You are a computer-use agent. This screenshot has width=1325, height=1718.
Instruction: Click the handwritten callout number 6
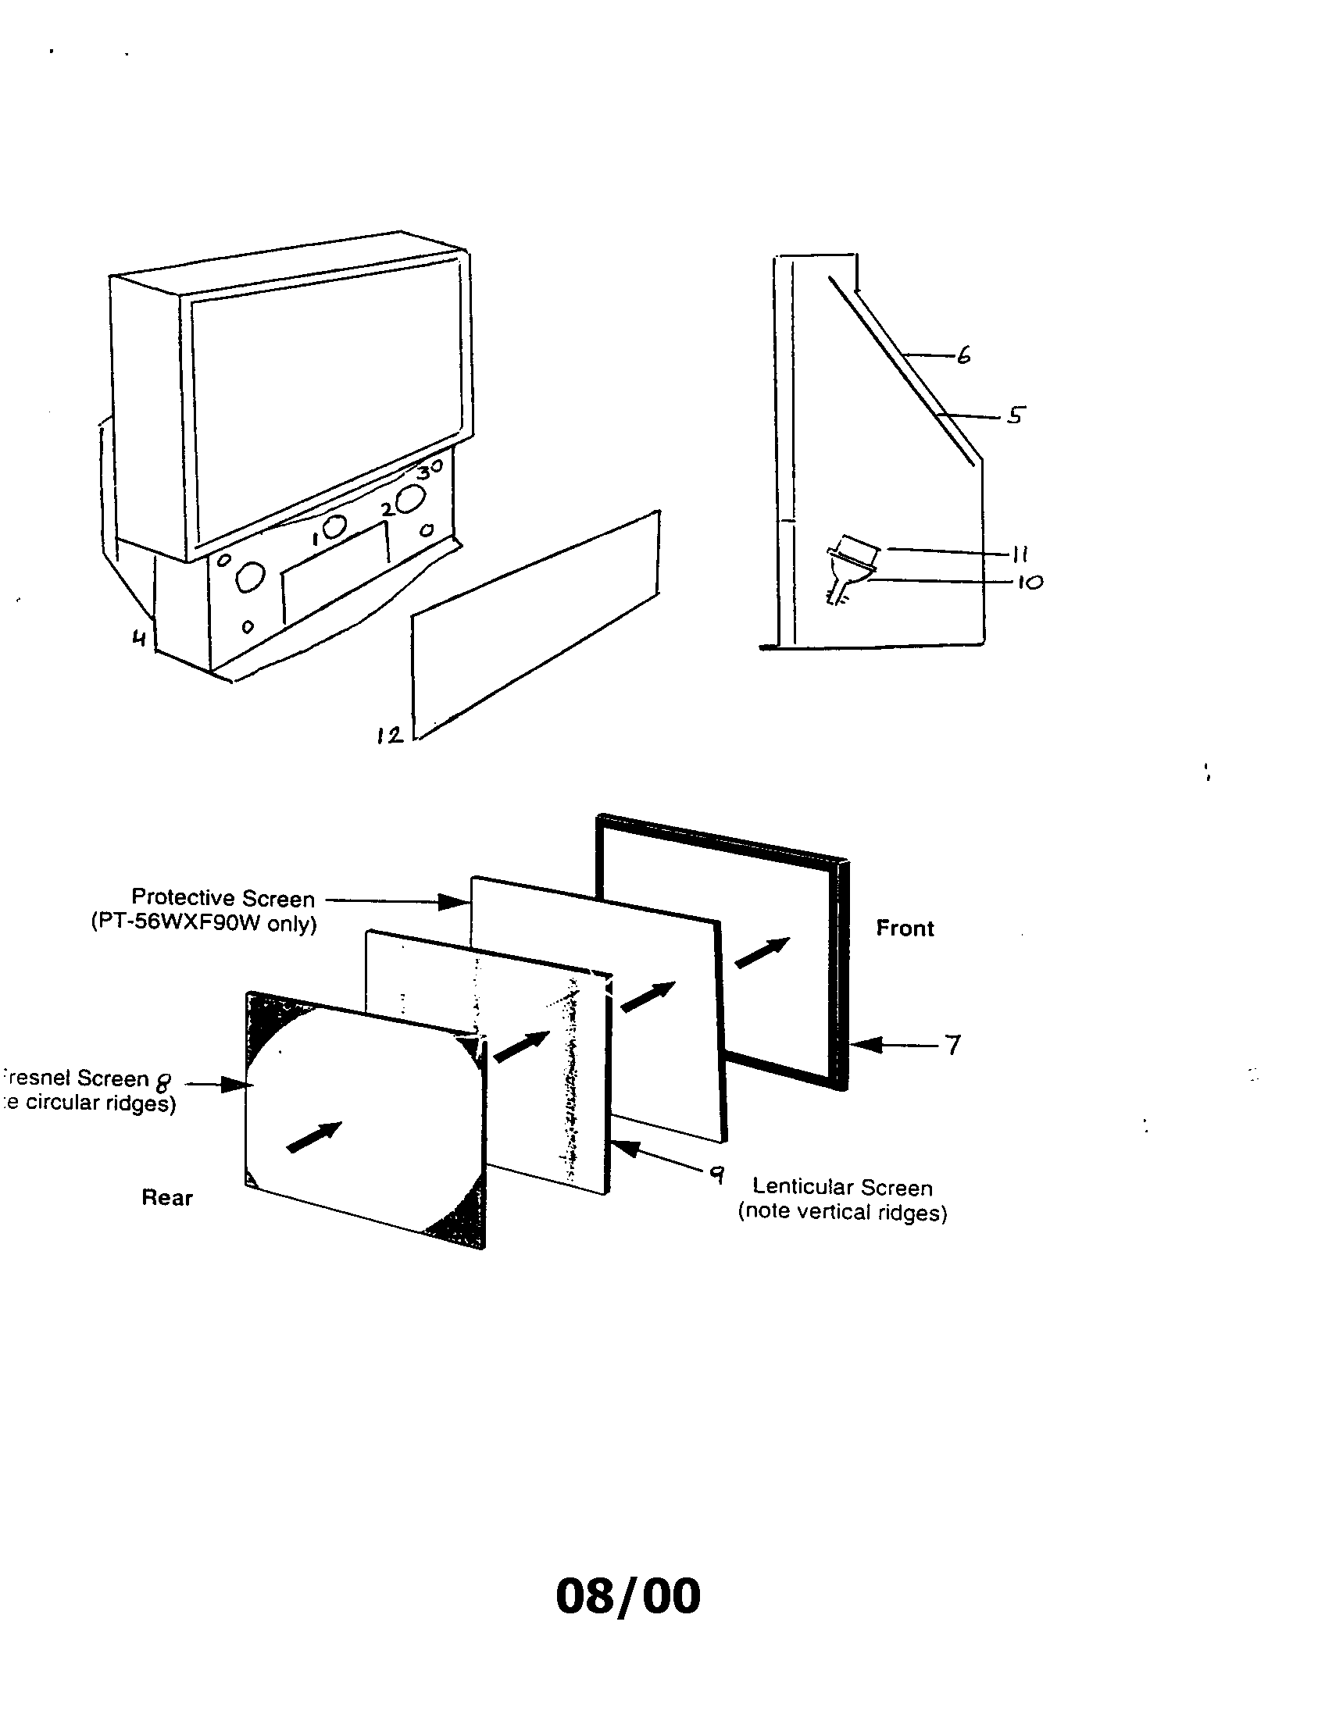pyautogui.click(x=964, y=355)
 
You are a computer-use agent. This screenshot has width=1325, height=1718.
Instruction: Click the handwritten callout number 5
pyautogui.click(x=1015, y=415)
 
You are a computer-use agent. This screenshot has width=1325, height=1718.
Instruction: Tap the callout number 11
pyautogui.click(x=1020, y=554)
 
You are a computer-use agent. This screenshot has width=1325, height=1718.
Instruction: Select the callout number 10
pyautogui.click(x=1029, y=582)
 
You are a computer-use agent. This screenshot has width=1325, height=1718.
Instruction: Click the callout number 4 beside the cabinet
pyautogui.click(x=139, y=637)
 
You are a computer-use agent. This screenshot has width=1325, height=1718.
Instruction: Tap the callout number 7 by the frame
pyautogui.click(x=953, y=1045)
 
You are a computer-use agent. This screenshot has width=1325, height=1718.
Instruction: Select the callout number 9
pyautogui.click(x=716, y=1174)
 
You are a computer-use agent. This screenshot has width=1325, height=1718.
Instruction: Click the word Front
pyautogui.click(x=905, y=929)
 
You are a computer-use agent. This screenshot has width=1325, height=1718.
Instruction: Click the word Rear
pyautogui.click(x=167, y=1197)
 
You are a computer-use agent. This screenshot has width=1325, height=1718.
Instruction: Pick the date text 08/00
pyautogui.click(x=628, y=1595)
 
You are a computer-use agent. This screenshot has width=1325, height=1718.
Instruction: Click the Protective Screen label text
pyautogui.click(x=223, y=897)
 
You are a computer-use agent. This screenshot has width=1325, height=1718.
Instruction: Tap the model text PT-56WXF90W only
pyautogui.click(x=204, y=923)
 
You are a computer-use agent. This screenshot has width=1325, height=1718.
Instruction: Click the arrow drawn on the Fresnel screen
pyautogui.click(x=314, y=1138)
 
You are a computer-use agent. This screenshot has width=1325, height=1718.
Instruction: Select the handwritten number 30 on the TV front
pyautogui.click(x=430, y=469)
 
